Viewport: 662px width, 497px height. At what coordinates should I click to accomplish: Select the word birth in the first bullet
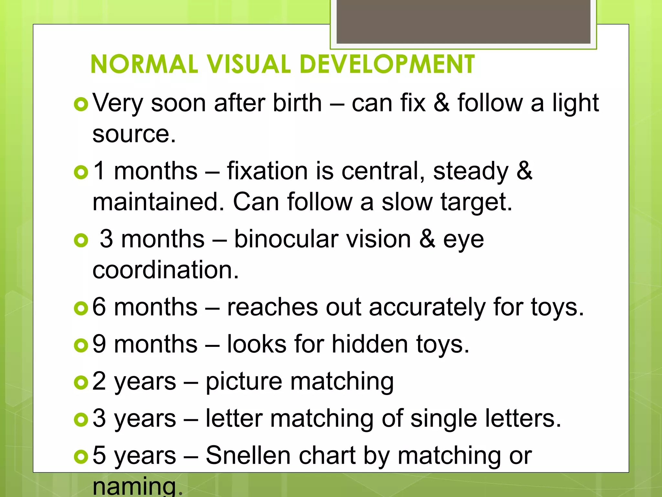[x=297, y=103]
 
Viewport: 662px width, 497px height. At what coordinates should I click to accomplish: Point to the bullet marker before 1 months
[x=81, y=172]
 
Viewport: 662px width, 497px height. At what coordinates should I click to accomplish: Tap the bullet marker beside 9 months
[x=81, y=345]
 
